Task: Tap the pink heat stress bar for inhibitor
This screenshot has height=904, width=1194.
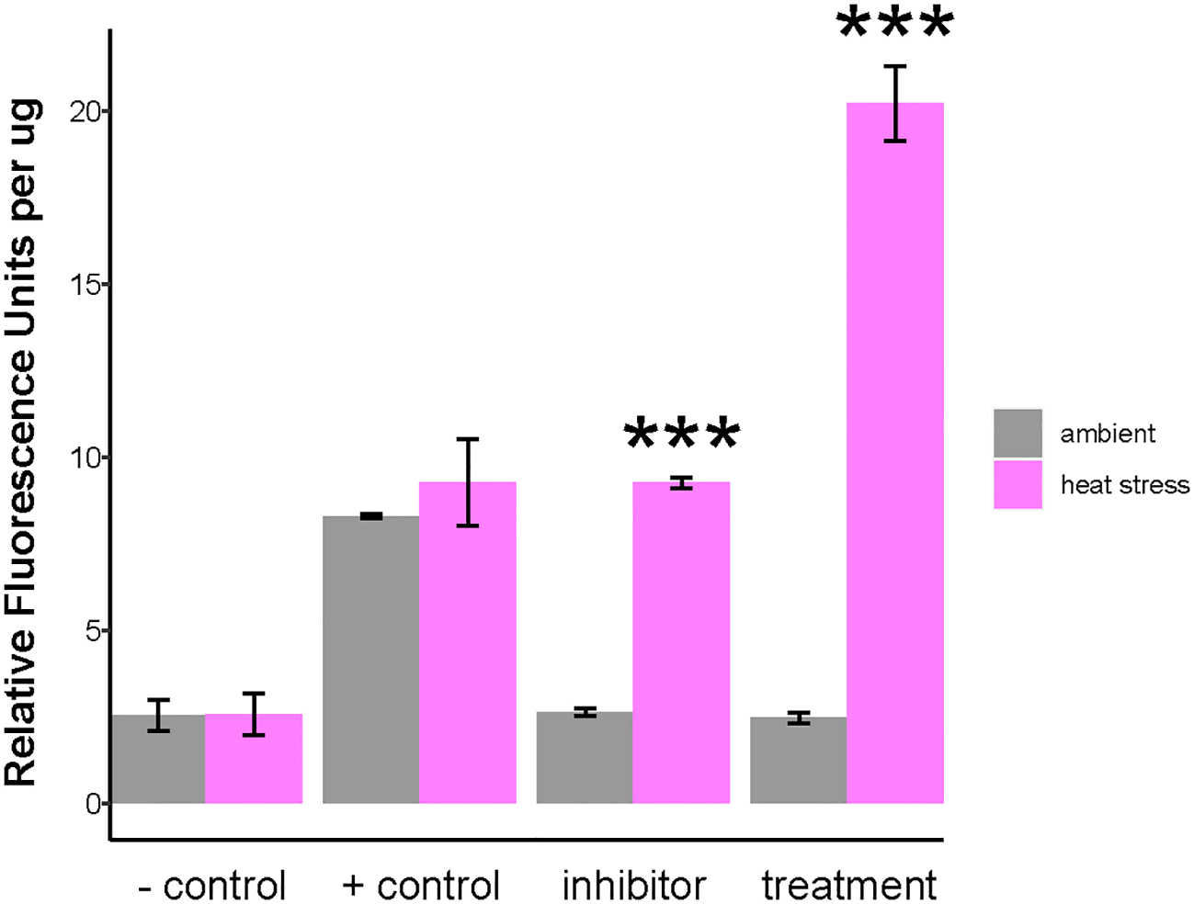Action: click(x=681, y=642)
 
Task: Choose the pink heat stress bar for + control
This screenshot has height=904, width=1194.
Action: click(x=467, y=642)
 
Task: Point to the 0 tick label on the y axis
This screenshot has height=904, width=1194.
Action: click(x=93, y=804)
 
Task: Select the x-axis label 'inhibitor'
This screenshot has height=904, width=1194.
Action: click(x=633, y=886)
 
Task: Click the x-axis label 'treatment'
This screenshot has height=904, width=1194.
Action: click(x=848, y=886)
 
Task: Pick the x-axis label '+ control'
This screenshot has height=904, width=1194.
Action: click(x=420, y=886)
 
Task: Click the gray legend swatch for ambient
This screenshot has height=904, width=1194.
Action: click(x=1018, y=433)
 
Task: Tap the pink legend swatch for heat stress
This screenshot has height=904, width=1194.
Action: click(x=1018, y=484)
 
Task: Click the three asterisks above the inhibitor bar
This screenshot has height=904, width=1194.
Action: click(x=681, y=435)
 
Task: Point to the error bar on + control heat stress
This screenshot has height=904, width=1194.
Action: click(x=468, y=482)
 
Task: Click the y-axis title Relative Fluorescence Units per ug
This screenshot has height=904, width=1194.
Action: click(x=22, y=441)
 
